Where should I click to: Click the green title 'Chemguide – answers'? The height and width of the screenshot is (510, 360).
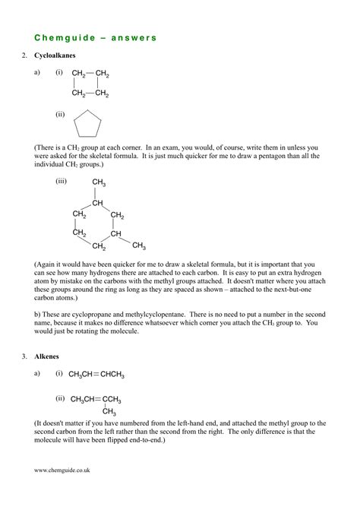(95, 36)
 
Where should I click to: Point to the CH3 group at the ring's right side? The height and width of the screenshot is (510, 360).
(139, 245)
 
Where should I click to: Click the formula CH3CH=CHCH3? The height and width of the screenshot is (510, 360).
(96, 375)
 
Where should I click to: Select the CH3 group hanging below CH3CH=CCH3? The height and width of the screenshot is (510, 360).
(109, 412)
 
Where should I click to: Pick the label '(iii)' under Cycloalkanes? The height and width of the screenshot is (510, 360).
(62, 182)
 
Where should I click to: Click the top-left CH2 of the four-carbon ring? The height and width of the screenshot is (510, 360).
(79, 74)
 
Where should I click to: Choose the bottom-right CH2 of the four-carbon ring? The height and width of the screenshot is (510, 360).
(102, 94)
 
